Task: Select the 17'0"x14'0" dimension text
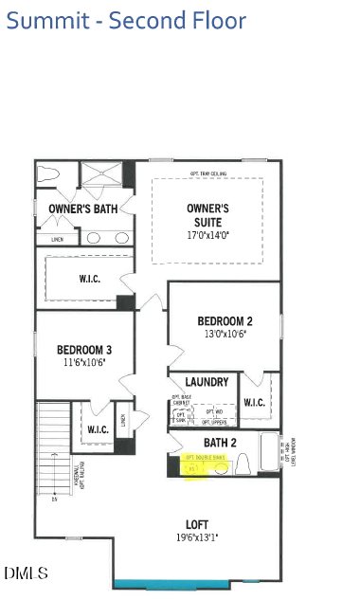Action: tap(208, 234)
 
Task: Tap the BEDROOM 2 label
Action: tap(225, 320)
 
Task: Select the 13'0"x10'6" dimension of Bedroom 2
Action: tap(225, 334)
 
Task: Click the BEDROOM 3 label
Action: tap(84, 349)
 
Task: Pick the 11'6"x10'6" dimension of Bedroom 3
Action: tap(84, 362)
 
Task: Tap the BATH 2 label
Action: tap(219, 442)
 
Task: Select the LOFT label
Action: tap(196, 523)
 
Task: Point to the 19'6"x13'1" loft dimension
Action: tap(196, 537)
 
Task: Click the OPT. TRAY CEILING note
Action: tap(207, 173)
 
